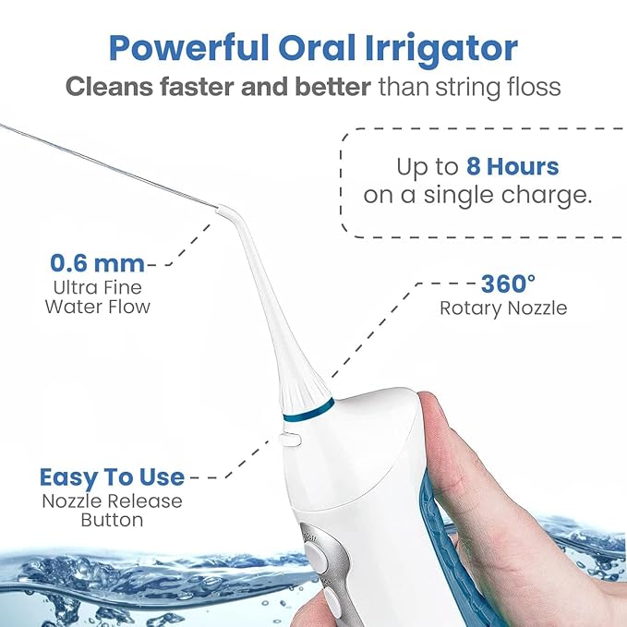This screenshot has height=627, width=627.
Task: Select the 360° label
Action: pos(509,283)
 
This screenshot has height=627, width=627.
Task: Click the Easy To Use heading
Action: pos(112,477)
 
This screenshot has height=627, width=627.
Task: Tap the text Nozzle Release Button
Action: pos(112,510)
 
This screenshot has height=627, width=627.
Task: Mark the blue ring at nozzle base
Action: pos(318,406)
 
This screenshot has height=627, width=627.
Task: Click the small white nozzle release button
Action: pos(292,440)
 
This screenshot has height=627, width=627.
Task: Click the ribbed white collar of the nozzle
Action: pos(304,388)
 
